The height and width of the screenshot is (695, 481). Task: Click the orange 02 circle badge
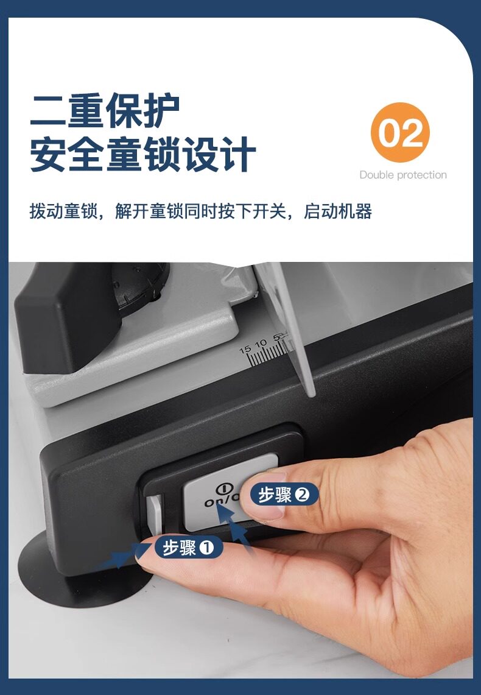click(401, 132)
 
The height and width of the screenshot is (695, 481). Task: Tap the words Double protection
click(403, 175)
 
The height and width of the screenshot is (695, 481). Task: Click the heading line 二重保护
click(105, 110)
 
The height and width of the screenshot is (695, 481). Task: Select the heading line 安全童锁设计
click(142, 153)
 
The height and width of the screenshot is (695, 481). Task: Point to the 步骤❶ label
click(189, 548)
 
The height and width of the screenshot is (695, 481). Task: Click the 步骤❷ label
click(284, 494)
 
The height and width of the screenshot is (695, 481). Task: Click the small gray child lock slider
click(154, 515)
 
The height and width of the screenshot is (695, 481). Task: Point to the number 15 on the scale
click(245, 350)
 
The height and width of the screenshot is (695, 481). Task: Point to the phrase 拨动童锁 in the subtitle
click(63, 211)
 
